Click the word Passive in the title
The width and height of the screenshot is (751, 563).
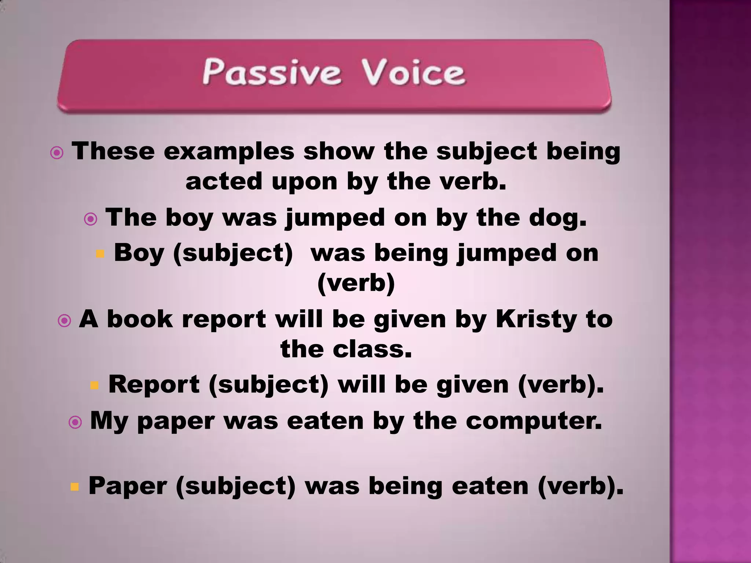pyautogui.click(x=272, y=72)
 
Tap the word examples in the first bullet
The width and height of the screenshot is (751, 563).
pyautogui.click(x=229, y=151)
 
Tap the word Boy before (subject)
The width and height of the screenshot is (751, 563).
pyautogui.click(x=139, y=253)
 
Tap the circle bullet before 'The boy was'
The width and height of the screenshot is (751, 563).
pyautogui.click(x=91, y=219)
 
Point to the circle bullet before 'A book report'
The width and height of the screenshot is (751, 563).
pyautogui.click(x=65, y=321)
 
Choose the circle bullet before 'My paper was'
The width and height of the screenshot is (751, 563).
pyautogui.click(x=75, y=423)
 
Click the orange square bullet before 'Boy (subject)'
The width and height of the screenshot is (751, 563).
pyautogui.click(x=100, y=254)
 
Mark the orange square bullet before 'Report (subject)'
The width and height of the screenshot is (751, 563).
pyautogui.click(x=95, y=385)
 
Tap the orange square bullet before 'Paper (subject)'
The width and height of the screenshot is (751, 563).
pyautogui.click(x=74, y=487)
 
